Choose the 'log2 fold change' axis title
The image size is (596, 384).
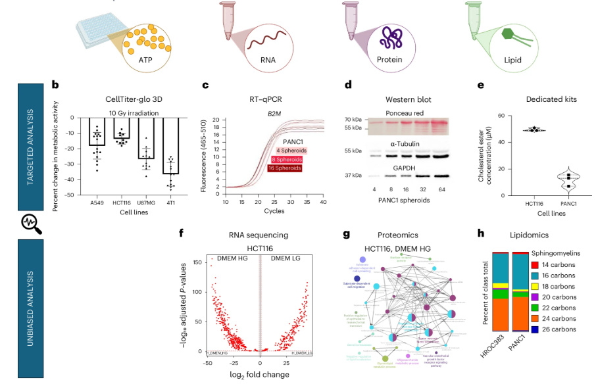tap(259, 375)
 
